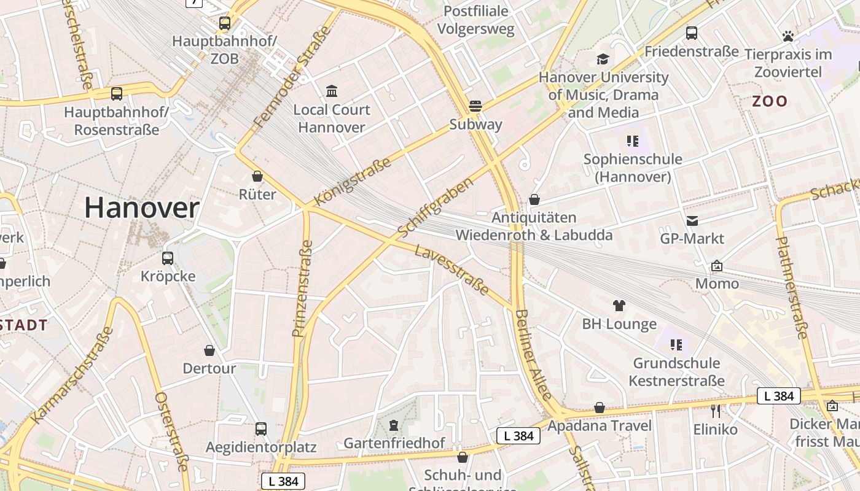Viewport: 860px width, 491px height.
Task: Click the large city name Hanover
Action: click(x=141, y=208)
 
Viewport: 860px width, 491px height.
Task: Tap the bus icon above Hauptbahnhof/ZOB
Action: click(x=225, y=23)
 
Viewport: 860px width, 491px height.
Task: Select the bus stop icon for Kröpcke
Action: click(x=168, y=258)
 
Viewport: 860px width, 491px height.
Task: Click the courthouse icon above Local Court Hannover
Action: click(x=332, y=91)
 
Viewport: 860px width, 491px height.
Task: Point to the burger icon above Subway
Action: click(x=475, y=106)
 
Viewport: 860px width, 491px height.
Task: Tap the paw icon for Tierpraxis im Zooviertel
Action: click(x=788, y=36)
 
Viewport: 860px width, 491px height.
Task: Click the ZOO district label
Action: click(x=770, y=101)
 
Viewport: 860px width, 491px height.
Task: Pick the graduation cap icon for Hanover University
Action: click(x=603, y=59)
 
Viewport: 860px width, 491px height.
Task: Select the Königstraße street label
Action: click(x=352, y=182)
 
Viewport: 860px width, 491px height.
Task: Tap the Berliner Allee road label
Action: click(x=532, y=354)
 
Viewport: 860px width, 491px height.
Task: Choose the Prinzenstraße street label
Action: click(x=303, y=288)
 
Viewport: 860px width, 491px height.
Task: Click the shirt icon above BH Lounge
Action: click(x=619, y=305)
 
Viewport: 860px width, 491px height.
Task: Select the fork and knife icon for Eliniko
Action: click(x=715, y=411)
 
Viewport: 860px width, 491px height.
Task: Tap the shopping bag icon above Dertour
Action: click(x=209, y=350)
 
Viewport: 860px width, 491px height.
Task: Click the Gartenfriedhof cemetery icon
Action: click(x=393, y=425)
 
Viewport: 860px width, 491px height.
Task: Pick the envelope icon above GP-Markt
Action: click(x=692, y=220)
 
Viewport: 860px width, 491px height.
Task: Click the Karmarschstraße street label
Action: click(x=72, y=375)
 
